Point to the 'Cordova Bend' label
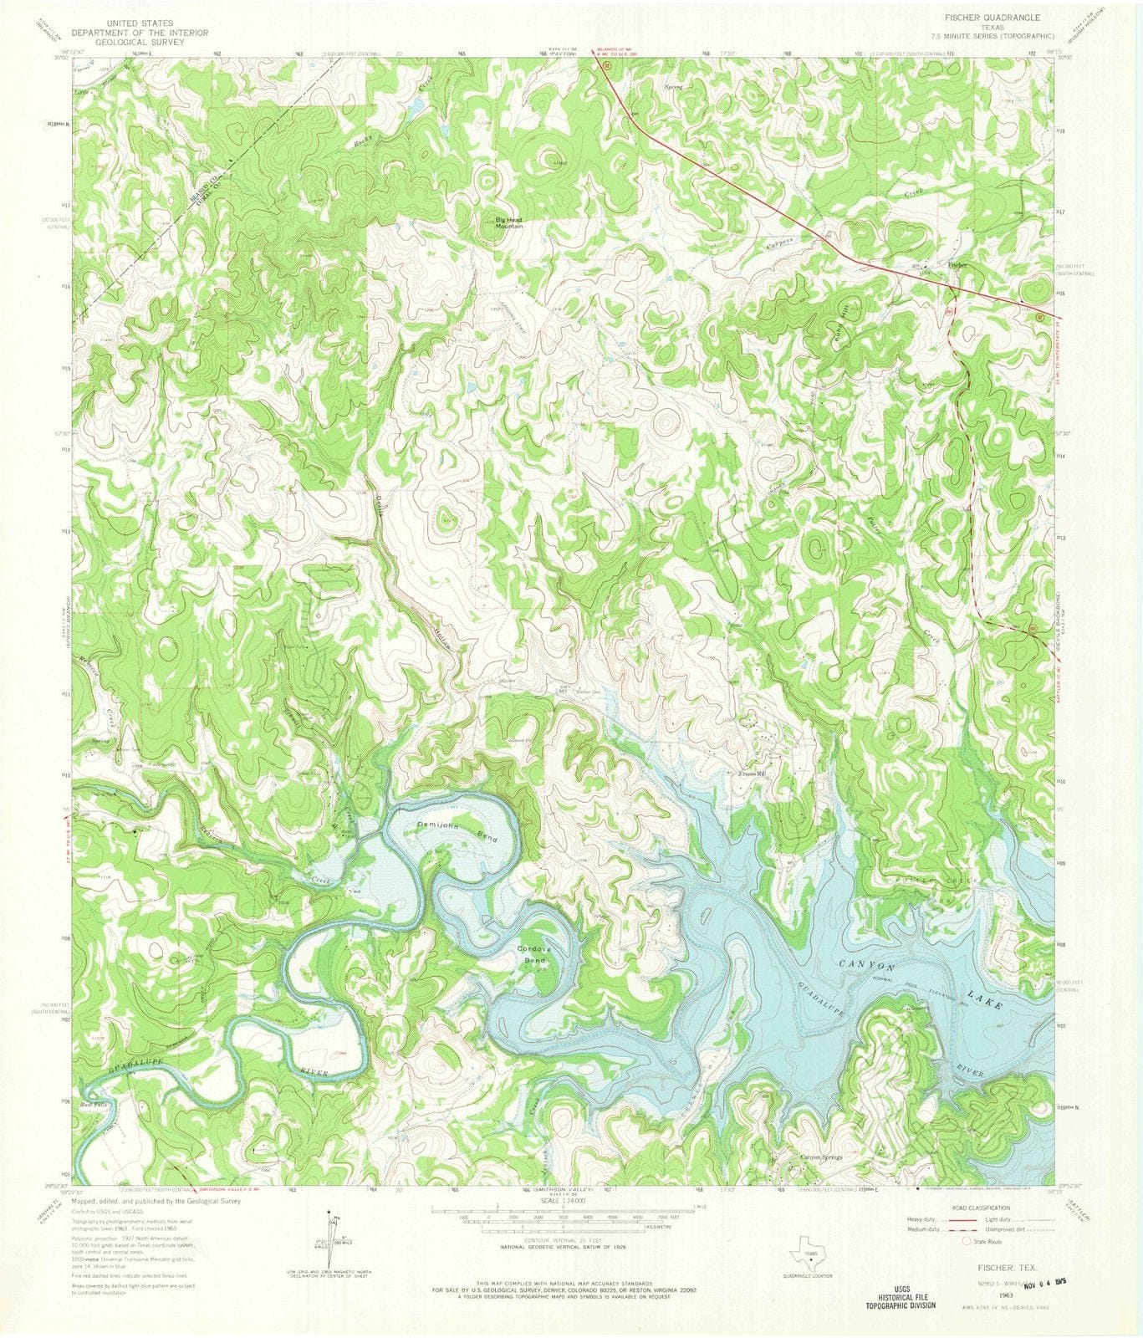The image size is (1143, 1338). click(x=538, y=956)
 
